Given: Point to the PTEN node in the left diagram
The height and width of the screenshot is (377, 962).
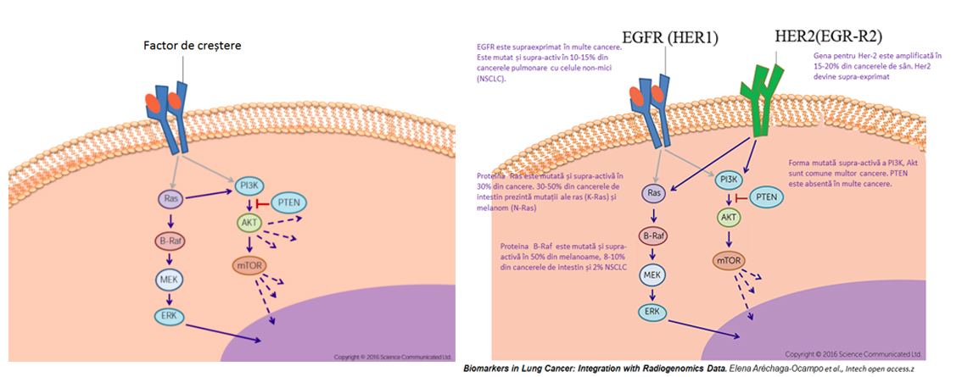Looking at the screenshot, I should pos(289,202).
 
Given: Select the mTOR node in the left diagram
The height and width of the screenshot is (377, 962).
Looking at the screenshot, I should pos(249,266).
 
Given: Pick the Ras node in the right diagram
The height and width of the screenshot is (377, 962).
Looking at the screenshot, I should pos(654,194).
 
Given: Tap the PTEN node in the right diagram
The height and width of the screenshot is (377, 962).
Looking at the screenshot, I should pos(767,197).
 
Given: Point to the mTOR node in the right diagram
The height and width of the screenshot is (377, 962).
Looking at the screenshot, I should pos(730,260).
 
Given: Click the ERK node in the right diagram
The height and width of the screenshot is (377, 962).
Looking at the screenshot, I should pos(652,311).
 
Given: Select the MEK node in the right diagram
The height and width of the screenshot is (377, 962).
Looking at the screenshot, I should pos(652,274).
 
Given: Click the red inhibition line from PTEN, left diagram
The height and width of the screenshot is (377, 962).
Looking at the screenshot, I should pos(263,202).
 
